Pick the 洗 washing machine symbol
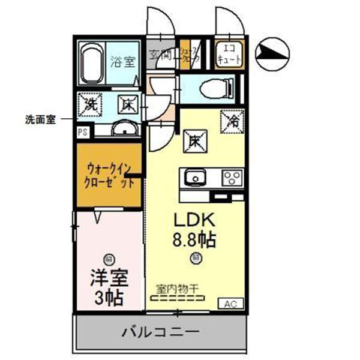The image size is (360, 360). coord(91,103)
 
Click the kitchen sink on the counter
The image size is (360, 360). coord(196,178)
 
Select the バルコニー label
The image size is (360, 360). coord(160,331)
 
